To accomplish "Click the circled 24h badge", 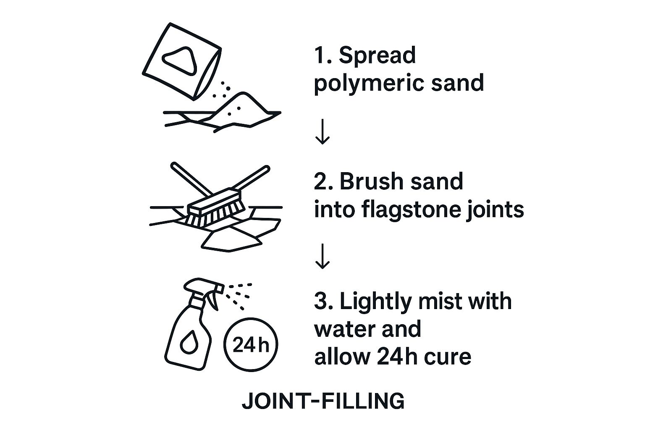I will [251, 345].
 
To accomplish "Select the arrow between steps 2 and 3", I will [322, 257].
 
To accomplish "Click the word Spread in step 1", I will [377, 55].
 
